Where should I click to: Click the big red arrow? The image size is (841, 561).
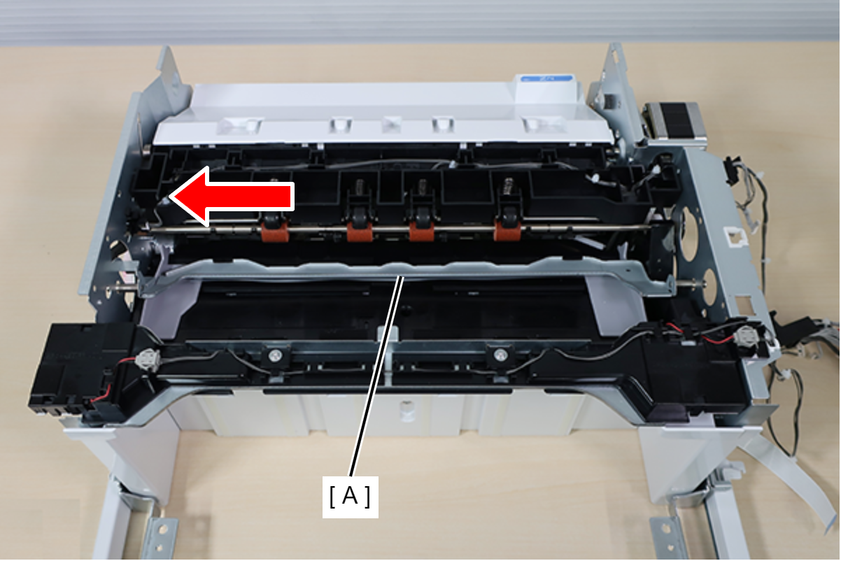click(x=231, y=197)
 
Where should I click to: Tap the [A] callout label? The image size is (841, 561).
click(x=350, y=497)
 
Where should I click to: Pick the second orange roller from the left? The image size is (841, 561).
click(x=360, y=231)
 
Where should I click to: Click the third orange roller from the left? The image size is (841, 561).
click(x=422, y=231)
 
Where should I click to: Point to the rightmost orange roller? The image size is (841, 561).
click(x=507, y=229)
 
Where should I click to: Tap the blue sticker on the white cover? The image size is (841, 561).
click(x=546, y=79)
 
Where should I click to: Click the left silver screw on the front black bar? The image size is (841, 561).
click(x=276, y=354)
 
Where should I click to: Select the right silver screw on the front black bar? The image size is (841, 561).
click(x=500, y=354)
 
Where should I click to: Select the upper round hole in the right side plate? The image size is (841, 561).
click(x=690, y=234)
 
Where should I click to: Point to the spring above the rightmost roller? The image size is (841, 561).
click(x=508, y=187)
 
